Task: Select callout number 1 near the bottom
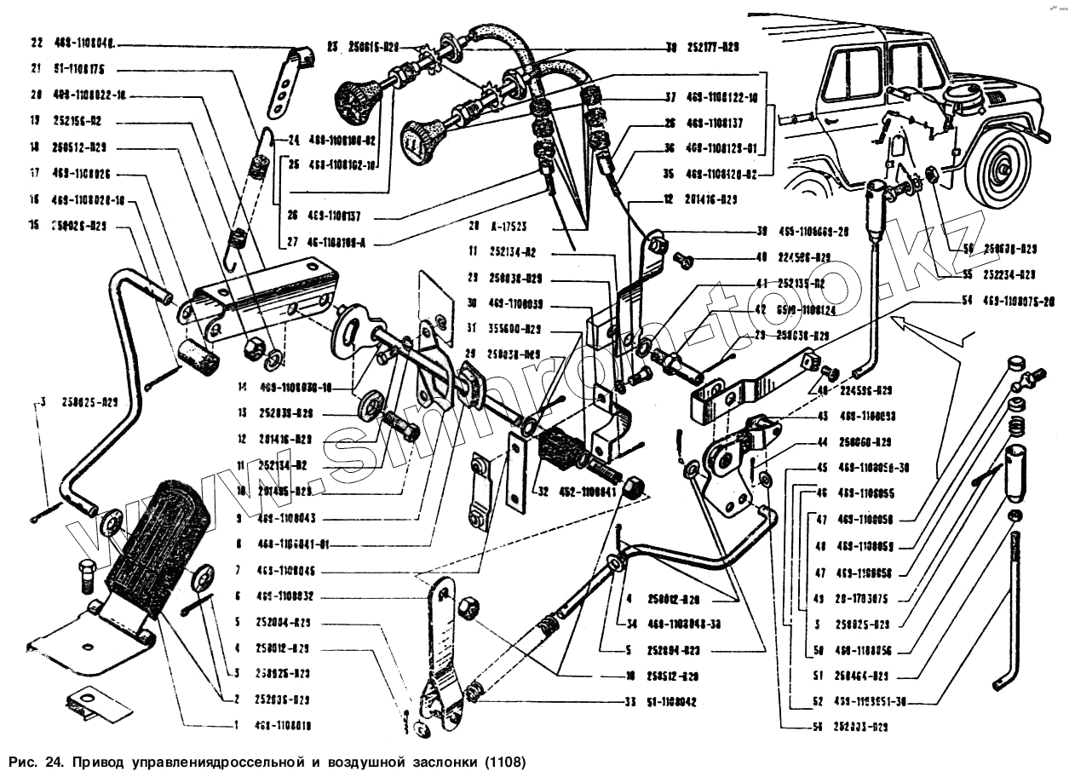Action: [238, 726]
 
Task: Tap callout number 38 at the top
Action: [671, 48]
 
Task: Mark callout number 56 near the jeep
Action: [968, 250]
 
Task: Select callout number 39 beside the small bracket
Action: [762, 231]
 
